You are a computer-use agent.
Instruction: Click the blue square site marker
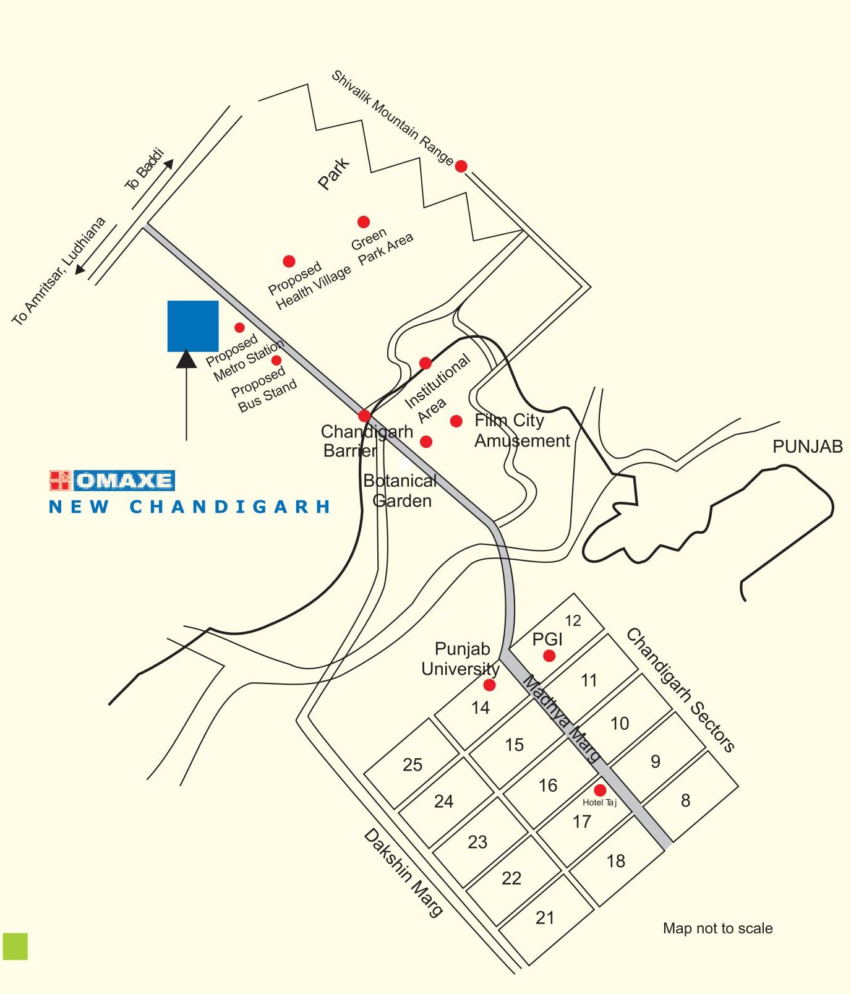192,326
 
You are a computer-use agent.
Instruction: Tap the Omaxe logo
112,481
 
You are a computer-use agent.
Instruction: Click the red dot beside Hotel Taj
600,790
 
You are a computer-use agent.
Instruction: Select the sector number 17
581,821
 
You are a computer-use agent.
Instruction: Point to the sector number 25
413,765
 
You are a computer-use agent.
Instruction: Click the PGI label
547,639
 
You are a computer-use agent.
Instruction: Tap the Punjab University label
461,659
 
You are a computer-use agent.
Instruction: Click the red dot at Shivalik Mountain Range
461,166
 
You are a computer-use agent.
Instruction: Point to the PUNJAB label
807,447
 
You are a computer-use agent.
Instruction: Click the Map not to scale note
717,928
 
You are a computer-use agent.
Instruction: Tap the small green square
15,946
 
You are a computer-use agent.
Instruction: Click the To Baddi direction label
144,169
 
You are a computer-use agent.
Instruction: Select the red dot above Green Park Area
364,222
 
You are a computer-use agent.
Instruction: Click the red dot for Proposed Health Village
289,262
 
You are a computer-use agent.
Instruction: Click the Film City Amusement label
521,431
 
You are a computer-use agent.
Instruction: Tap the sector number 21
545,917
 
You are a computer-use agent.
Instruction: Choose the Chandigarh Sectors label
680,690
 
